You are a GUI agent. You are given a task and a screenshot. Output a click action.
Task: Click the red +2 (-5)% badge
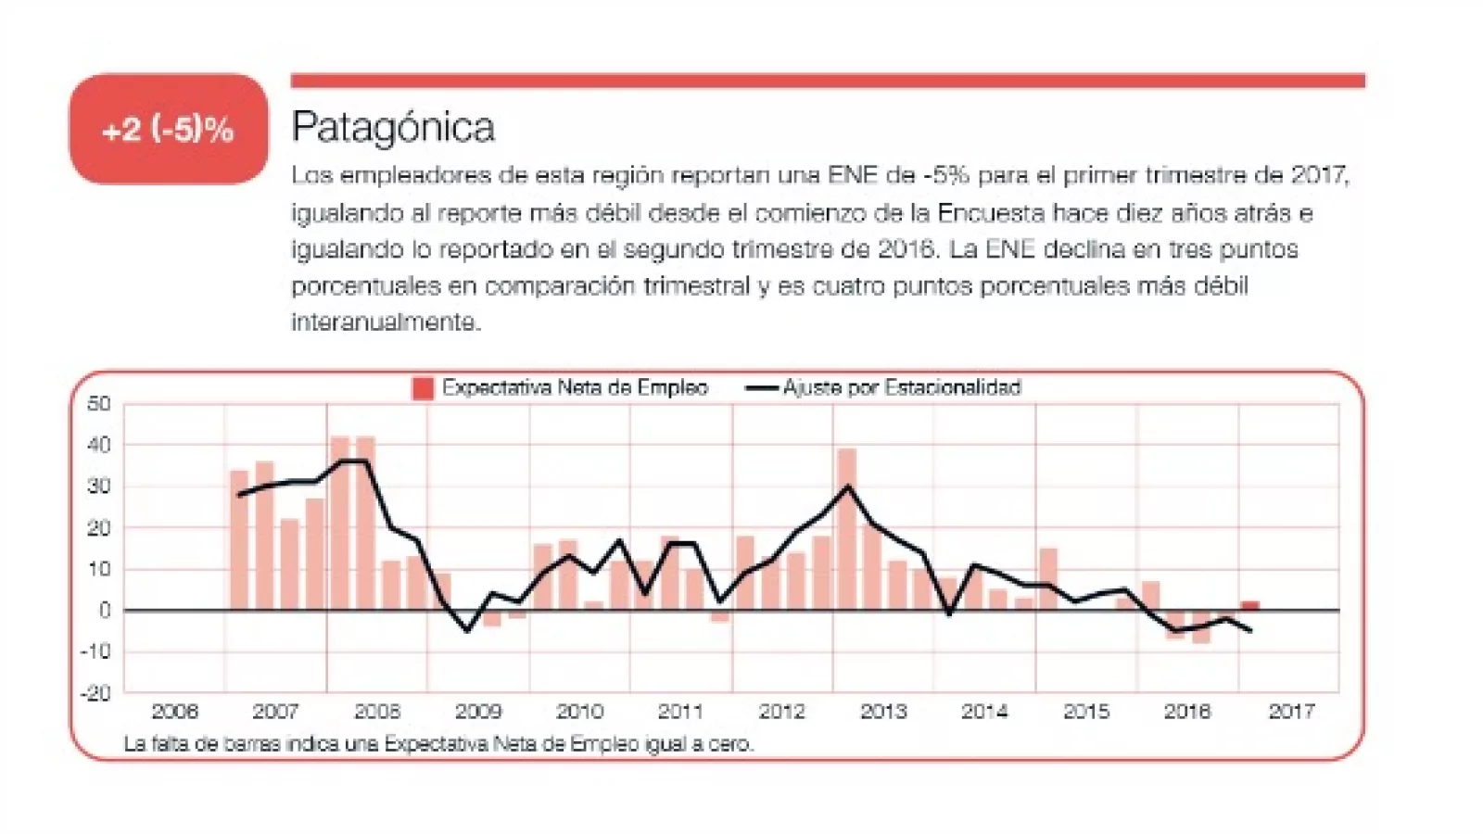(x=168, y=129)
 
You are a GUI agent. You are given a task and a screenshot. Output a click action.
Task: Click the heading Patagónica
(x=393, y=127)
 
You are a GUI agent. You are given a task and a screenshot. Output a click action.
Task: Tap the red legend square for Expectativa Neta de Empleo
(x=423, y=388)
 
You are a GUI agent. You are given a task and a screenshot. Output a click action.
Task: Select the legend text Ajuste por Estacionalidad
(x=901, y=387)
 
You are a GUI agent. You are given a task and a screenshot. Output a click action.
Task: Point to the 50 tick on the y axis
(x=99, y=403)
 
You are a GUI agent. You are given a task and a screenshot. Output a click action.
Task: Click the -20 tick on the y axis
(x=96, y=692)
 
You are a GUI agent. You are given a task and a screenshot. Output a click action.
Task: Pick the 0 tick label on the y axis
(x=105, y=611)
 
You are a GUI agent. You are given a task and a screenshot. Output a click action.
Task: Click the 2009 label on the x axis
(x=478, y=712)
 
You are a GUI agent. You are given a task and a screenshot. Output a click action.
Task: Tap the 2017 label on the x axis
(x=1291, y=712)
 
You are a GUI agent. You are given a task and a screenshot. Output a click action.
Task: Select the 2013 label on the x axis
(x=883, y=712)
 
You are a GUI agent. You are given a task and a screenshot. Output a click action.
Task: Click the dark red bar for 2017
(x=1250, y=606)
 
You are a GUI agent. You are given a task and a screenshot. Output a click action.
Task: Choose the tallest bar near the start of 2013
(x=847, y=528)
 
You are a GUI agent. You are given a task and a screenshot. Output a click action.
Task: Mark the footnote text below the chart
(x=438, y=743)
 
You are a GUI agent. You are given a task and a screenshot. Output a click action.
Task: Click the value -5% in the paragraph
(x=945, y=175)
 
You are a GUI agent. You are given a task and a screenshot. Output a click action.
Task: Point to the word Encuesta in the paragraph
(x=991, y=213)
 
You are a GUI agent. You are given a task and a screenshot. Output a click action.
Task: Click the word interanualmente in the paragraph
(x=386, y=322)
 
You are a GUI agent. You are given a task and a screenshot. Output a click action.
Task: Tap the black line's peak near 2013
(x=848, y=486)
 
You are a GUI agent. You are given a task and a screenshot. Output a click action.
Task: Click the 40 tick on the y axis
(x=99, y=445)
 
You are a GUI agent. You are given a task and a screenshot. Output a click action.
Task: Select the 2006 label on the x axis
(x=174, y=712)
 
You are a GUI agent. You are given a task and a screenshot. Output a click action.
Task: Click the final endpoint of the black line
(x=1251, y=631)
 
